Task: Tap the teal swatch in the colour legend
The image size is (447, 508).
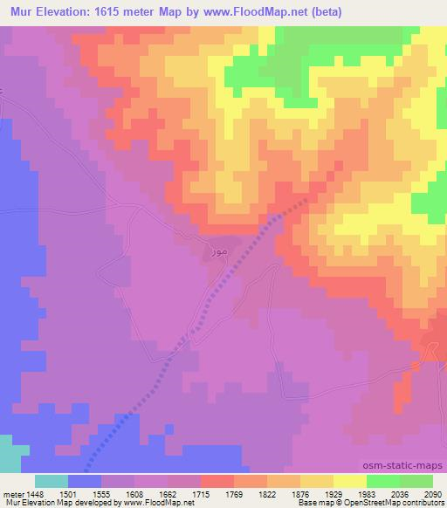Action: click(x=52, y=481)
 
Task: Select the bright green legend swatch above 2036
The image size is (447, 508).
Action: click(x=383, y=481)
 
